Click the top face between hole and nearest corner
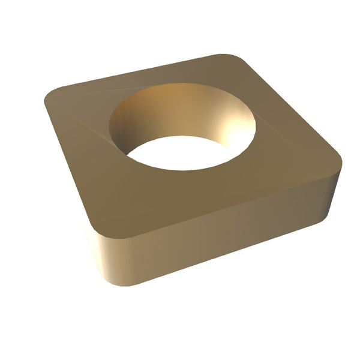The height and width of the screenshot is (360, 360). click(x=138, y=192)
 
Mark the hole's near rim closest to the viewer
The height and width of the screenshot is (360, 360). click(x=180, y=170)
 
